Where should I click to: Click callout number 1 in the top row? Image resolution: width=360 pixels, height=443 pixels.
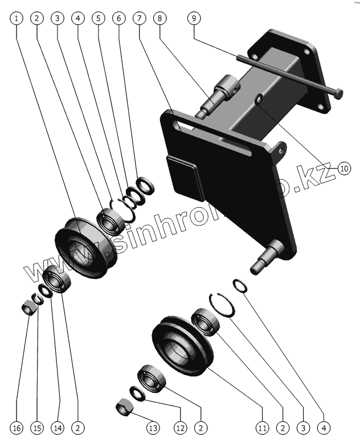(17, 18)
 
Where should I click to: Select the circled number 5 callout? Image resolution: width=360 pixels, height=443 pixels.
(99, 18)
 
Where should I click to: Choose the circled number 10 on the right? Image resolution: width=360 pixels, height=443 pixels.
(344, 167)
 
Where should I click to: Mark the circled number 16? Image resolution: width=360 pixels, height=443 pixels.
(17, 427)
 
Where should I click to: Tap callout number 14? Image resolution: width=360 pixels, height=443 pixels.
(58, 427)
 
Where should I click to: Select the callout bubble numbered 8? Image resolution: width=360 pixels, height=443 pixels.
(161, 18)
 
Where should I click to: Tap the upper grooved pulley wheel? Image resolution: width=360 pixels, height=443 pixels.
(84, 248)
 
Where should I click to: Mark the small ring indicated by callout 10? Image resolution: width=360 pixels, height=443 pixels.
(259, 100)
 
